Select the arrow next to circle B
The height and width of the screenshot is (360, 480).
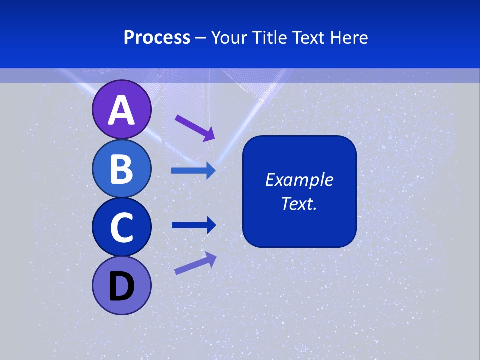coord(193,171)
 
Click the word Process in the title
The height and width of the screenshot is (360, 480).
coord(157,38)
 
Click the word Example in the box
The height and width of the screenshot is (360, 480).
coord(299,180)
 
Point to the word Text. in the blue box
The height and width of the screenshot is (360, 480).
coord(299,204)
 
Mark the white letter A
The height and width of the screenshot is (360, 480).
coord(122,110)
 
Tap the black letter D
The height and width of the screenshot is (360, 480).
coord(122,287)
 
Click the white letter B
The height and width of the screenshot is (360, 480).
coord(122,169)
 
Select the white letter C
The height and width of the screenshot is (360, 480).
coord(122,228)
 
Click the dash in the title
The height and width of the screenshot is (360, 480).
coord(201,38)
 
